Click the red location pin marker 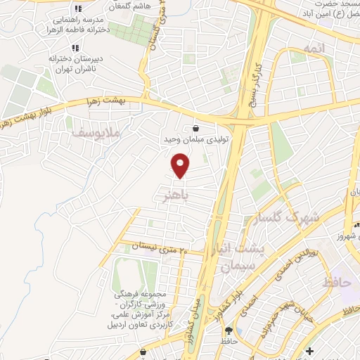[x=181, y=167]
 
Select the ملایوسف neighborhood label [x=98, y=132]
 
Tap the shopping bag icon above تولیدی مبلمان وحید [x=195, y=129]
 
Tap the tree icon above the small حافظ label [x=228, y=330]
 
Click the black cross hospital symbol [x=310, y=350]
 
